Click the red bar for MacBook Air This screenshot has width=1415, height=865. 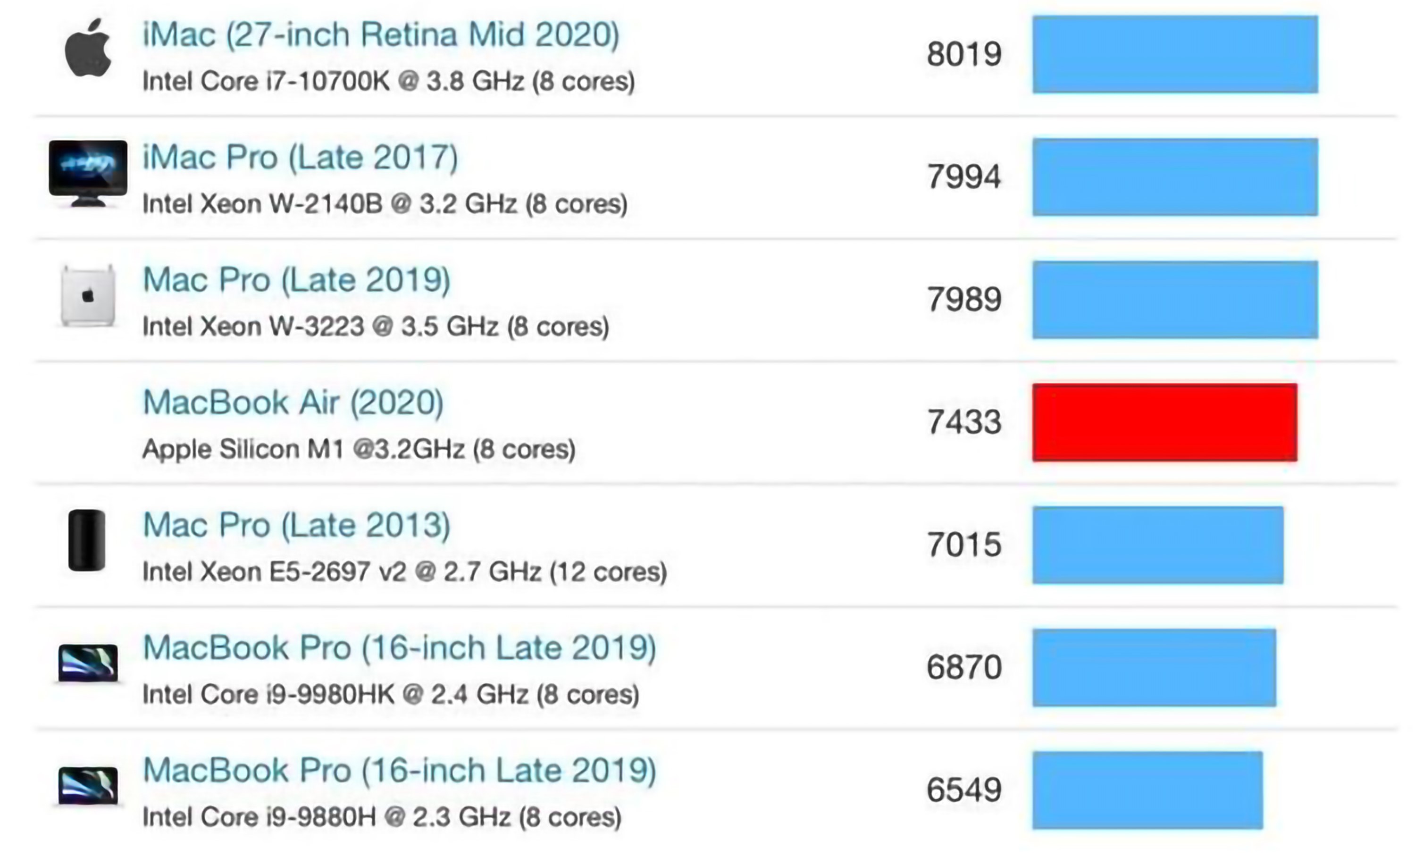pyautogui.click(x=1164, y=422)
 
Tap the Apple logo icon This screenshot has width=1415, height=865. pyautogui.click(x=88, y=48)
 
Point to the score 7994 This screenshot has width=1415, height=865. pyautogui.click(x=964, y=176)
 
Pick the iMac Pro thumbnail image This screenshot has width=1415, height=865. pyautogui.click(x=88, y=172)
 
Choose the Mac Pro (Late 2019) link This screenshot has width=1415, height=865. pyautogui.click(x=296, y=280)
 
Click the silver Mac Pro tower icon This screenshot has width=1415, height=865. pyautogui.click(x=88, y=296)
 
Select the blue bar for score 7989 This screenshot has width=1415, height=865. pyautogui.click(x=1175, y=299)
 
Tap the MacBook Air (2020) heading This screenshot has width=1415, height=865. pyautogui.click(x=293, y=402)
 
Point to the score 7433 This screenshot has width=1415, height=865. pyautogui.click(x=964, y=422)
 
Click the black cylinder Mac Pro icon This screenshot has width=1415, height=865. pyautogui.click(x=87, y=540)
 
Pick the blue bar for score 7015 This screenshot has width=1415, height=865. pyautogui.click(x=1158, y=545)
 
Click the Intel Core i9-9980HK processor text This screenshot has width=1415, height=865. pyautogui.click(x=391, y=695)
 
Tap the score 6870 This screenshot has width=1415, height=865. pyautogui.click(x=964, y=667)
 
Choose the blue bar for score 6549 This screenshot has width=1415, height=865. pyautogui.click(x=1147, y=790)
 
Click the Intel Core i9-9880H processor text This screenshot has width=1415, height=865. pyautogui.click(x=382, y=817)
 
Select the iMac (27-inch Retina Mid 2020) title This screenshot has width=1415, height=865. pyautogui.click(x=381, y=35)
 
